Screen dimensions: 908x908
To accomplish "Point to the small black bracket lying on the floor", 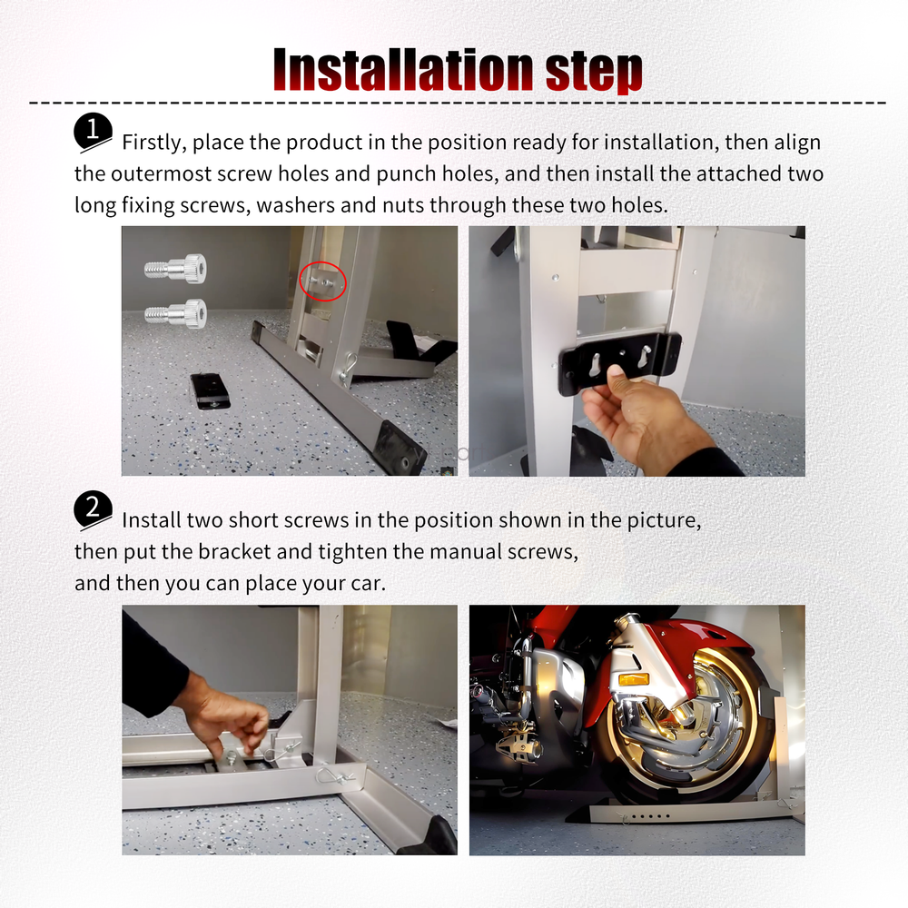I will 210,390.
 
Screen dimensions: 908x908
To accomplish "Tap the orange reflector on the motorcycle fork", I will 633,679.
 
